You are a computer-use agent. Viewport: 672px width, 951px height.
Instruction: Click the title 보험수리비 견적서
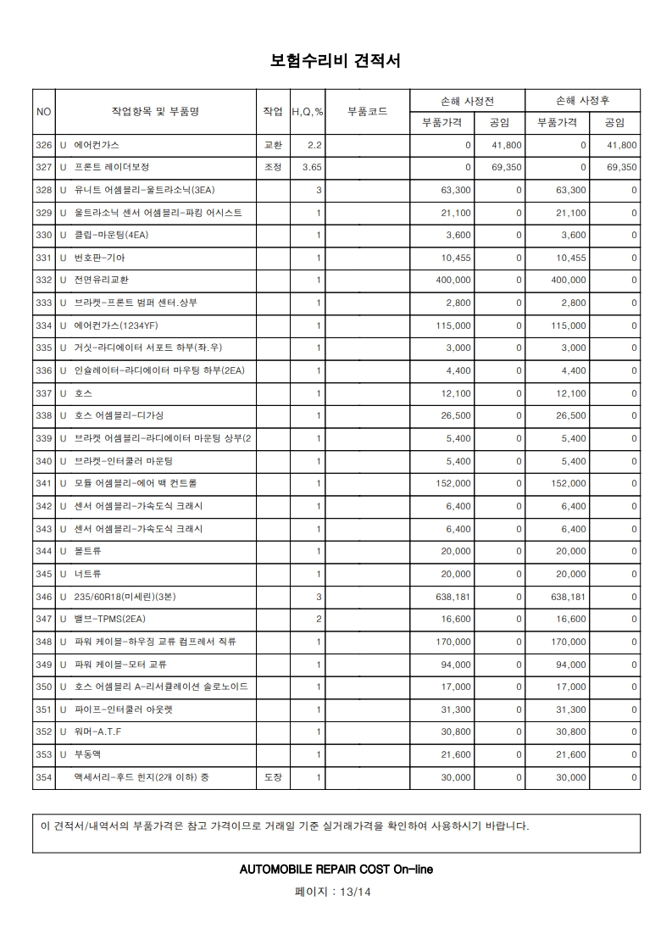[335, 61]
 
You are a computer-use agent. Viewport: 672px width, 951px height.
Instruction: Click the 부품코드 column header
[368, 112]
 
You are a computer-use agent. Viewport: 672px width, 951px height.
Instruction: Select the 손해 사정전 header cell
[467, 101]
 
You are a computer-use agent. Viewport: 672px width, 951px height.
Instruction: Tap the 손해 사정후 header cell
[582, 101]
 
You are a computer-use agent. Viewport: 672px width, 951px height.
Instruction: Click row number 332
[44, 281]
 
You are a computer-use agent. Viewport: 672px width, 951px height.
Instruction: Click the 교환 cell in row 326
[273, 146]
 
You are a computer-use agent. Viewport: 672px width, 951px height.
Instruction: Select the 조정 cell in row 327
[273, 168]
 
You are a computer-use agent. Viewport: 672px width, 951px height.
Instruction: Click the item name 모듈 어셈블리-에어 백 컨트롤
[136, 483]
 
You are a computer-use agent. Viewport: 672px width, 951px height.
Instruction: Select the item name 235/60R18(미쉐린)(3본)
[125, 597]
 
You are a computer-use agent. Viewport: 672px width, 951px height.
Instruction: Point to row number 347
[44, 619]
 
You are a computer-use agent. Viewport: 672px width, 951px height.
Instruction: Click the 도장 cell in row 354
[273, 776]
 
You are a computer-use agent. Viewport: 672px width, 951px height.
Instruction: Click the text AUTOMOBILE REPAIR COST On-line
[336, 870]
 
